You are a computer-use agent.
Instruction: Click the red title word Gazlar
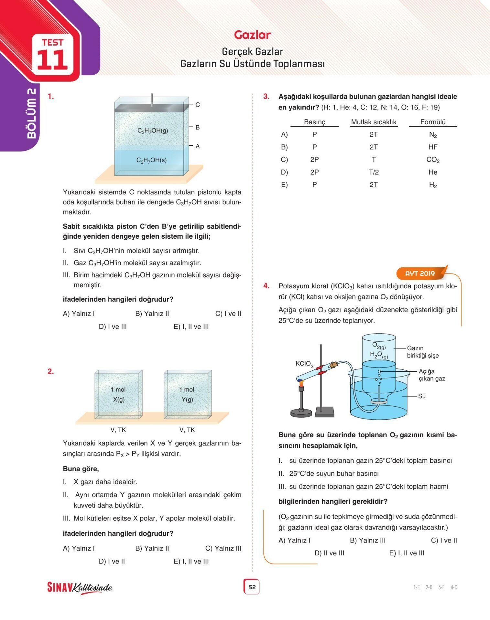252,35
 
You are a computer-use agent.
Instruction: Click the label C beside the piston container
198,105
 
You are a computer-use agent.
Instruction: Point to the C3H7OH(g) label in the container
153,130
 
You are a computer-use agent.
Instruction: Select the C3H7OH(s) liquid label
151,160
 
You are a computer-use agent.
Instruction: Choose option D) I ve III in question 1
113,326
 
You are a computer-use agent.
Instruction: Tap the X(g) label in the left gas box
119,399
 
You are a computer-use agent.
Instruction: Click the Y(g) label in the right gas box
187,399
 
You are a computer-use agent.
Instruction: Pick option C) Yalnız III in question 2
223,548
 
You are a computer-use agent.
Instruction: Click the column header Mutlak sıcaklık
374,122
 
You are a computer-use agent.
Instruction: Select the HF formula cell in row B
433,147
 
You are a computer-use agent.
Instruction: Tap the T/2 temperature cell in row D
374,172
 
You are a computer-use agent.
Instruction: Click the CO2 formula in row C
433,160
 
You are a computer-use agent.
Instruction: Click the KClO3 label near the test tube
304,364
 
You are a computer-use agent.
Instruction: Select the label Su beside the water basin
422,396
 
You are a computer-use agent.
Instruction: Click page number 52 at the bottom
252,587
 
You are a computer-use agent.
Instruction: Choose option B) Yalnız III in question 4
368,540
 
